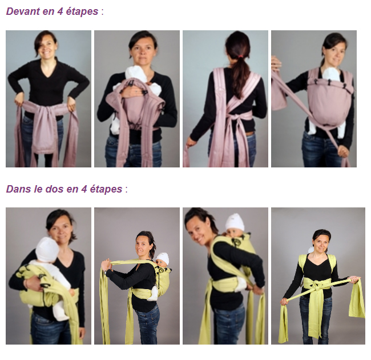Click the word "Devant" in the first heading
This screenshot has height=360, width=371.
click(23, 11)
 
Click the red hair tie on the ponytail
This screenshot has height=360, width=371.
click(240, 57)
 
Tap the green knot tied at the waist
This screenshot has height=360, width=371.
click(316, 286)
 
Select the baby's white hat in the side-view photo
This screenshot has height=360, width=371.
click(163, 259)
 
